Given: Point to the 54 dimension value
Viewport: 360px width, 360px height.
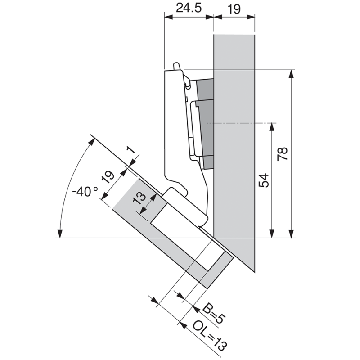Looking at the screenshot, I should click(264, 180).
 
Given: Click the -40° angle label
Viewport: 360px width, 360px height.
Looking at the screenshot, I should click(85, 191).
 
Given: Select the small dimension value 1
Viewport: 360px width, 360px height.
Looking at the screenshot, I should click(130, 150).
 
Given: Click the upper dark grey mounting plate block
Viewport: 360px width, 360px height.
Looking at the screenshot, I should click(205, 90).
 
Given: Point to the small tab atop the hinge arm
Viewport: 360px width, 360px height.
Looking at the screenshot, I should click(177, 66).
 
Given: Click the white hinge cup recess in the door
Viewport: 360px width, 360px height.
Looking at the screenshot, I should click(180, 234).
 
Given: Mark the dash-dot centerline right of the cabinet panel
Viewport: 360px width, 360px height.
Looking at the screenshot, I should click(265, 122).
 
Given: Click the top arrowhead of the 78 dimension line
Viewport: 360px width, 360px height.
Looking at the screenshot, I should click(292, 73).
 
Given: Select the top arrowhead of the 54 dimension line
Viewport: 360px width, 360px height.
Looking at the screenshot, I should click(272, 126).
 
